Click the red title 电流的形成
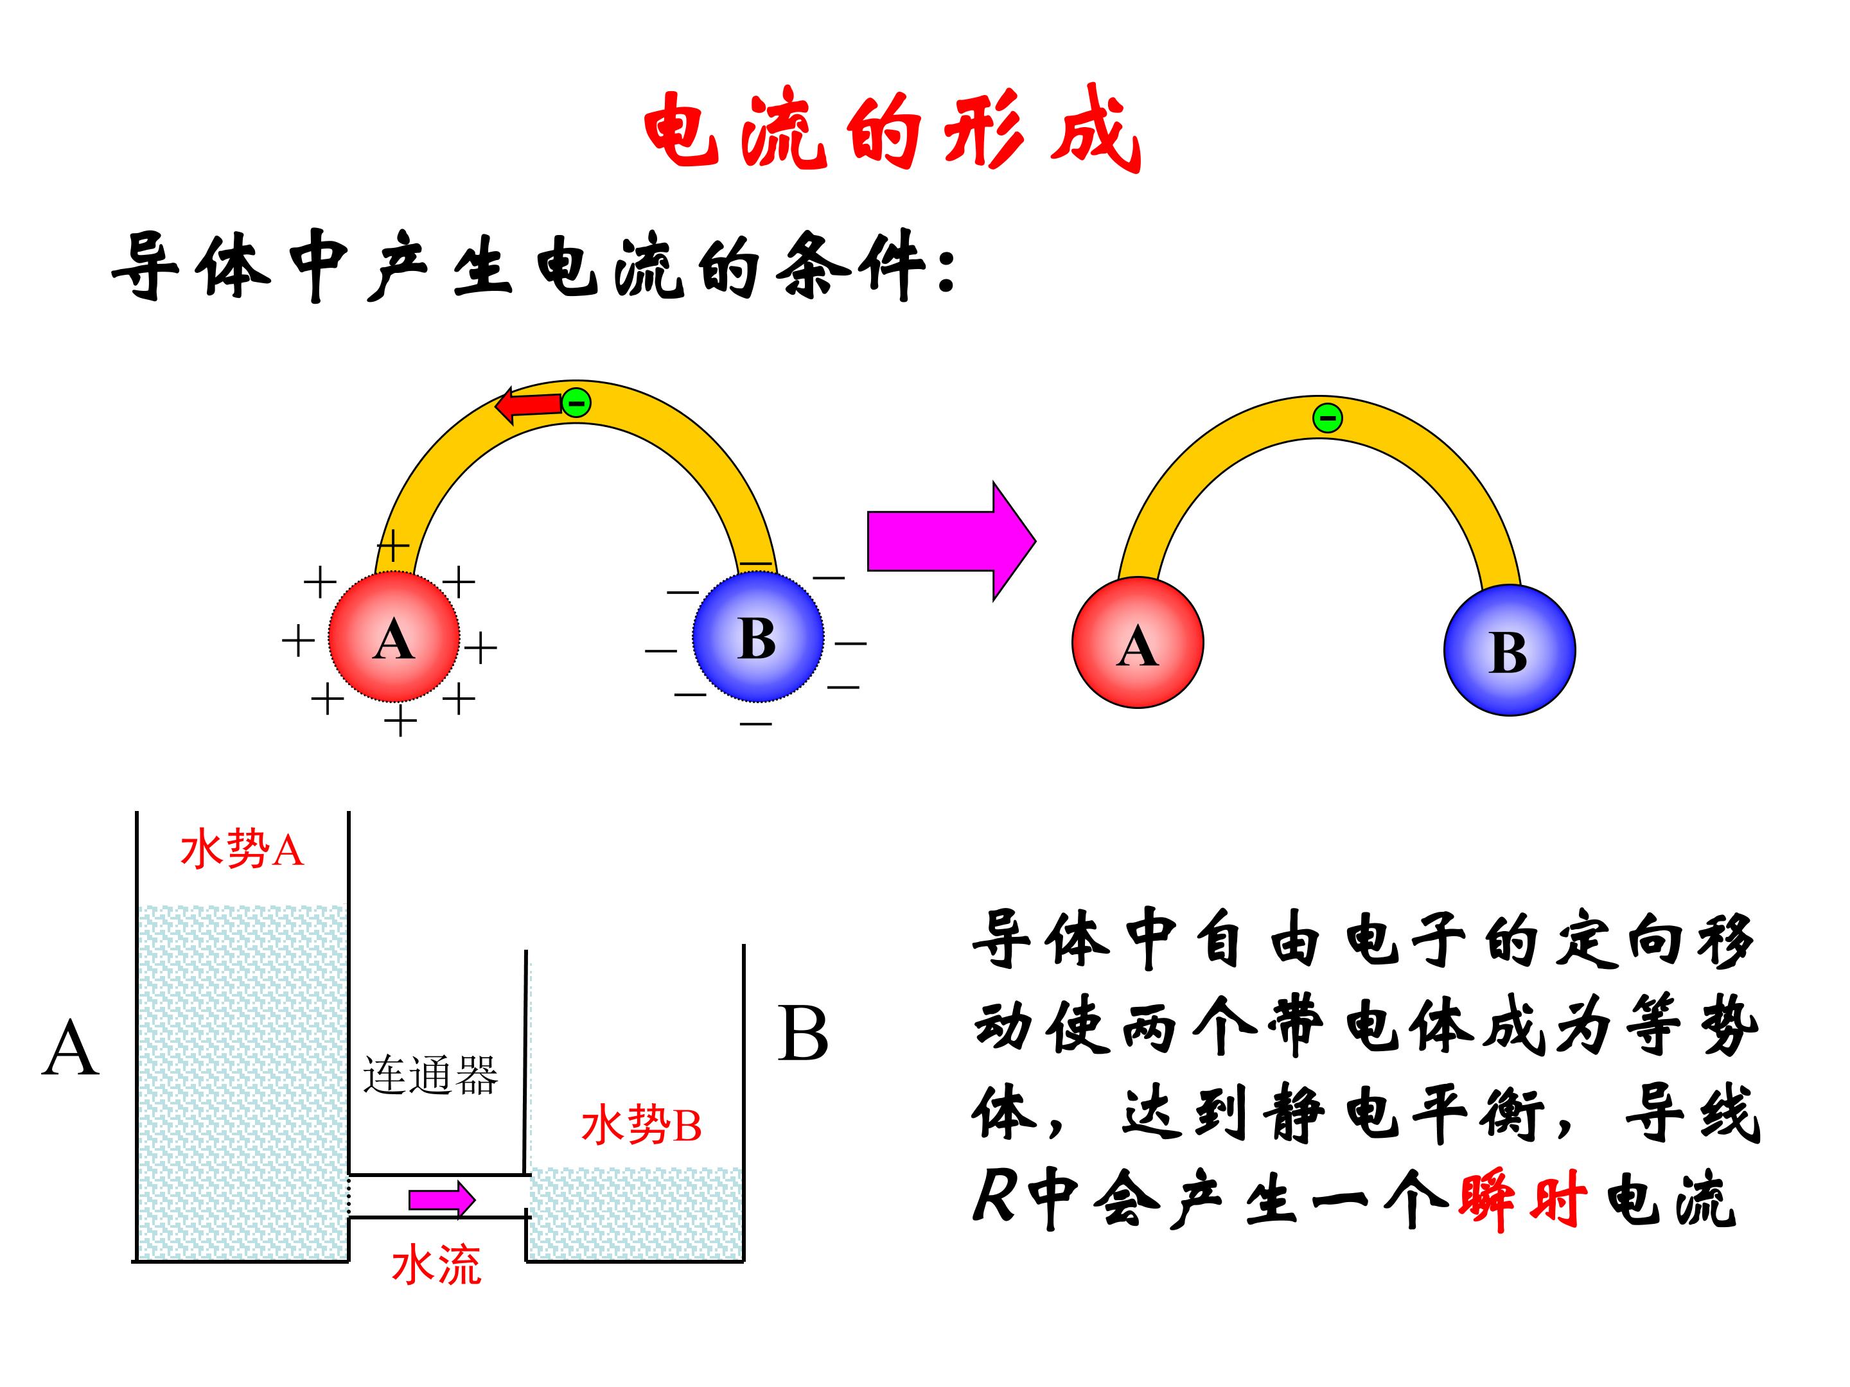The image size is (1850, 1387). click(892, 130)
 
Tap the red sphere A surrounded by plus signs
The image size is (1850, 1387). click(394, 637)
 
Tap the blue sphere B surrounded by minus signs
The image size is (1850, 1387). click(758, 637)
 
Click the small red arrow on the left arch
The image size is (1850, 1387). click(528, 406)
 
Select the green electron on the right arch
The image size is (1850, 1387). click(1327, 417)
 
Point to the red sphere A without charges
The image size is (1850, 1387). click(1138, 643)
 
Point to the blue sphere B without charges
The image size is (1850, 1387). click(1509, 650)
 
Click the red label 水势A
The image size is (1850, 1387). click(242, 851)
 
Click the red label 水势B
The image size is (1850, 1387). click(640, 1124)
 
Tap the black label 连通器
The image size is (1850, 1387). click(430, 1075)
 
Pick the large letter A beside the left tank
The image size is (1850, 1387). click(71, 1049)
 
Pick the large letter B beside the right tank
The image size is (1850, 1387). click(803, 1033)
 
